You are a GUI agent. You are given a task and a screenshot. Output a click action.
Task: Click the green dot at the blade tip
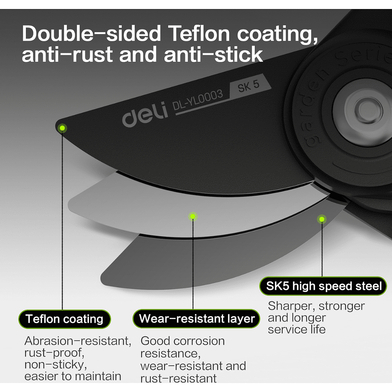62,128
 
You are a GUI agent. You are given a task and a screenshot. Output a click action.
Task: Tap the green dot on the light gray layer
193,216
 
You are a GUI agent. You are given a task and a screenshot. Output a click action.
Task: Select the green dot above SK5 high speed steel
322,220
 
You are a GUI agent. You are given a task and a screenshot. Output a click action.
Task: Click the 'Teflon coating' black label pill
65,319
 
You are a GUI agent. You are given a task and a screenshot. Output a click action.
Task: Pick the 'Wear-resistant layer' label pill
196,318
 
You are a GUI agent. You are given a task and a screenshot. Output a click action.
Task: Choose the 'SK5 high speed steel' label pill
323,286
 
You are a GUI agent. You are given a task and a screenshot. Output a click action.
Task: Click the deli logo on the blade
145,114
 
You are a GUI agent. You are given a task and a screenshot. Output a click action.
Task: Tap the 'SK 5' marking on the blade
249,86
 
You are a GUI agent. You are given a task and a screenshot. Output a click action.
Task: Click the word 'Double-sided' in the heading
91,34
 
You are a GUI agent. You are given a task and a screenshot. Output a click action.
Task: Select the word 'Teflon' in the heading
199,33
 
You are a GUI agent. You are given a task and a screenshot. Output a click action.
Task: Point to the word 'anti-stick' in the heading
213,54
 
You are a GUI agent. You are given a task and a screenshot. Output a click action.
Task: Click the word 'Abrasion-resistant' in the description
78,341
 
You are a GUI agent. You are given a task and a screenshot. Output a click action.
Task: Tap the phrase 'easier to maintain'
73,376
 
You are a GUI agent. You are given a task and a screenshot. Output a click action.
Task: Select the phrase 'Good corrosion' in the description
183,341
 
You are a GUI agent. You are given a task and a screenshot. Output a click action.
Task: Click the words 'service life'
297,329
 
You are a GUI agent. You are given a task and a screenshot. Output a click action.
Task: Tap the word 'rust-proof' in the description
54,353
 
